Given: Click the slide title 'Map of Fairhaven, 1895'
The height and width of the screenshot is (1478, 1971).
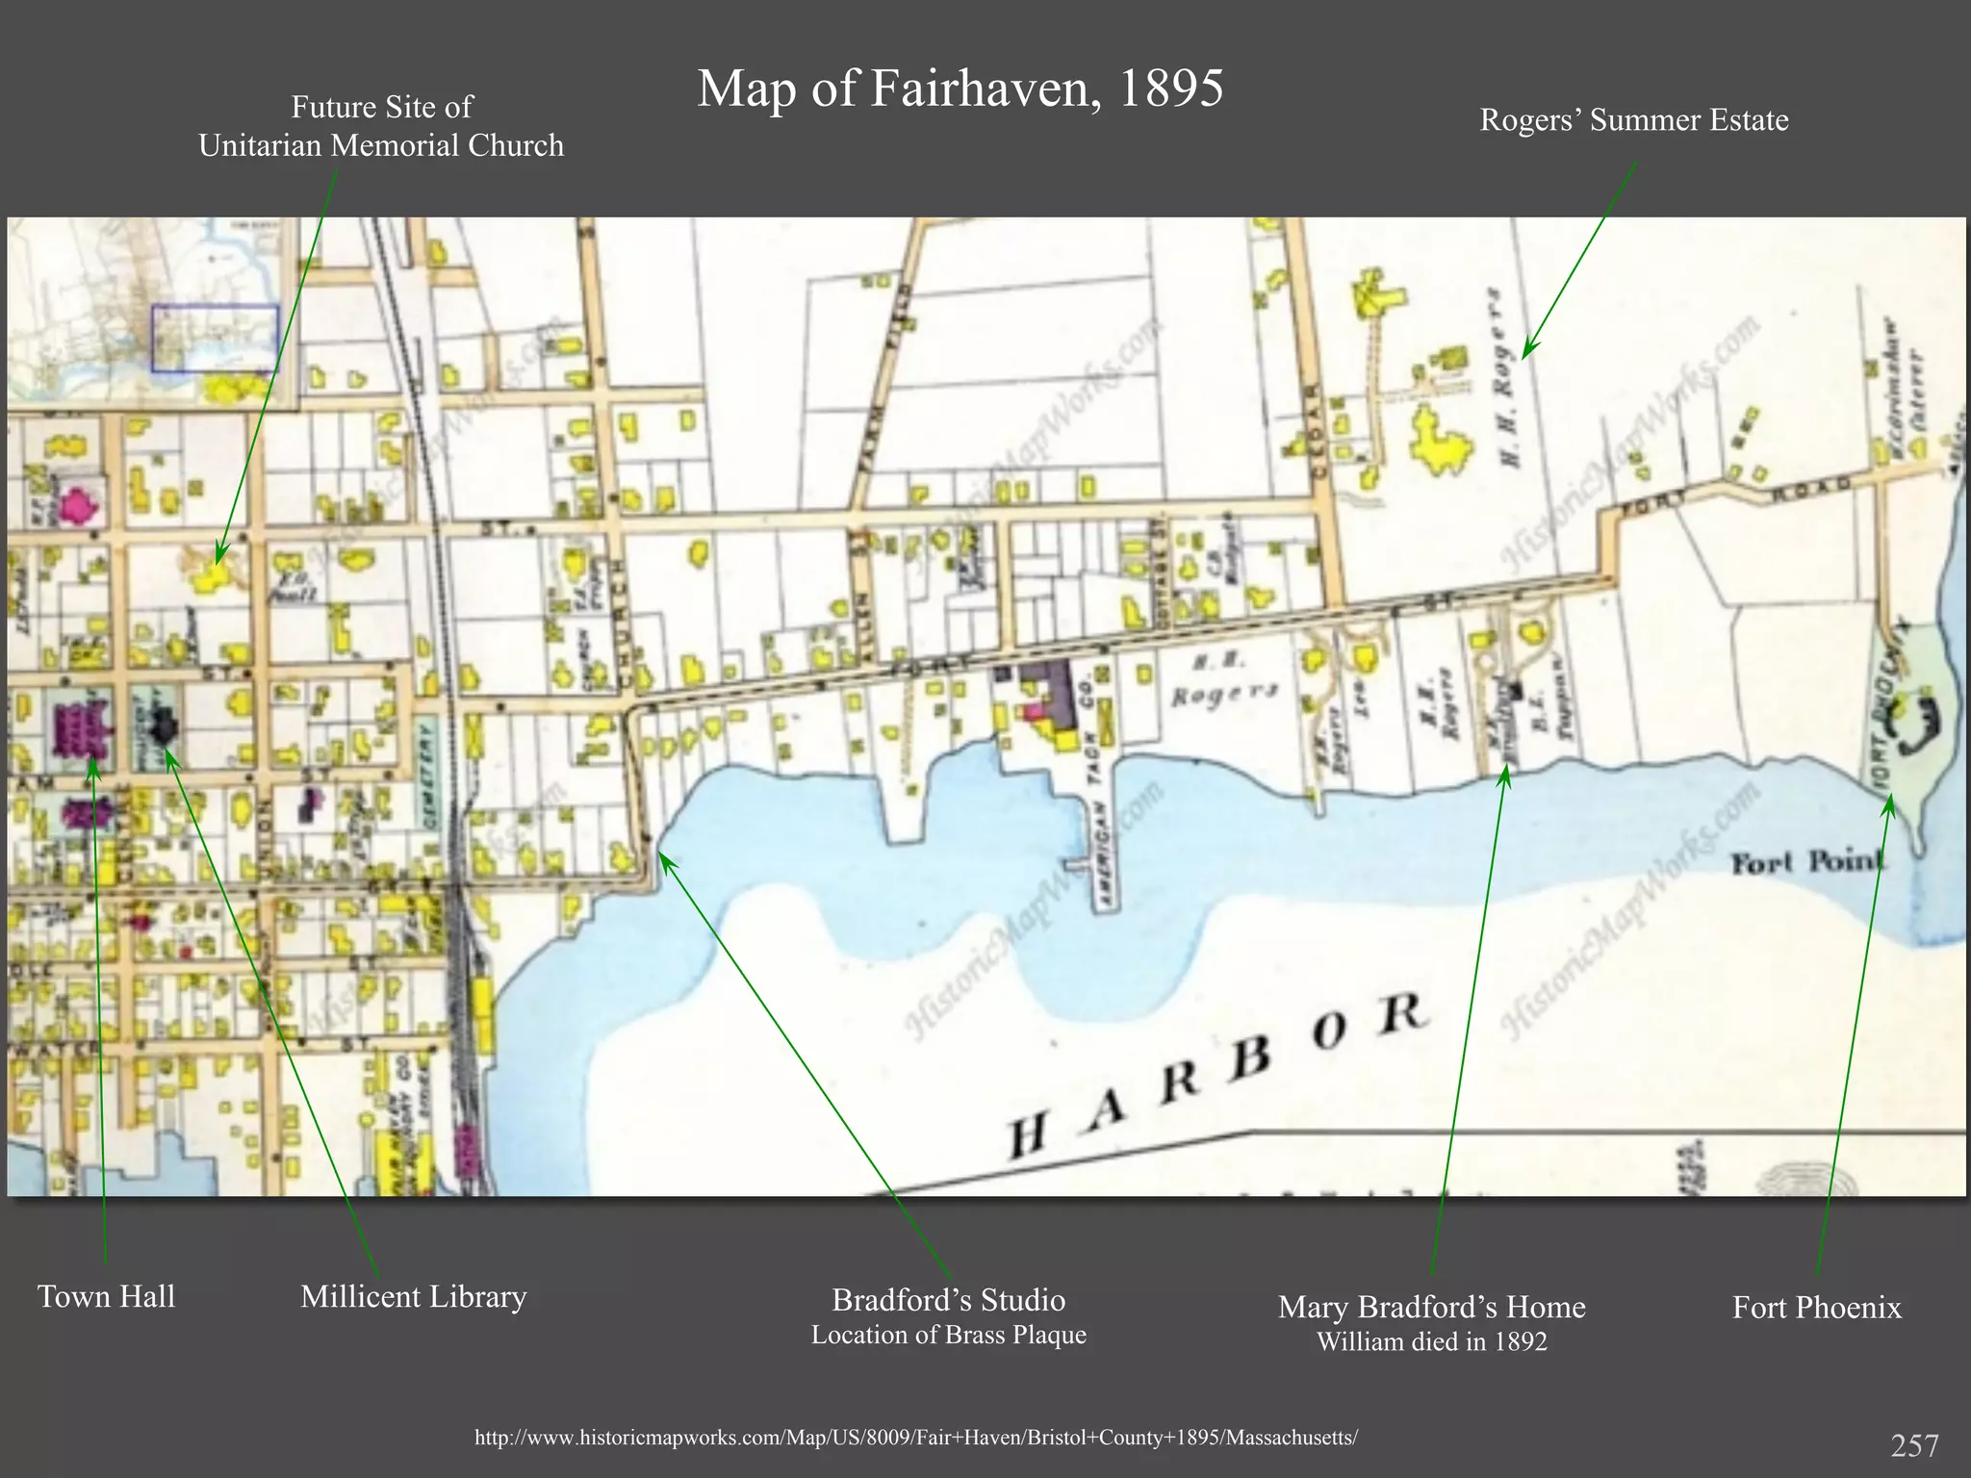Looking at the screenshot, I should point(960,89).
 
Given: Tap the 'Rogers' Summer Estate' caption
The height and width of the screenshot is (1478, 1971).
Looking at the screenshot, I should point(1633,120).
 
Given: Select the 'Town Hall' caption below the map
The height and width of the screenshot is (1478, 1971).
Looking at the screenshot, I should point(106,1296).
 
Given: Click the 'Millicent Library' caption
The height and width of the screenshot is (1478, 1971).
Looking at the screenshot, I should point(413,1296).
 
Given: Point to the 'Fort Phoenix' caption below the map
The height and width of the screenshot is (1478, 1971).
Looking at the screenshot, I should point(1816,1307).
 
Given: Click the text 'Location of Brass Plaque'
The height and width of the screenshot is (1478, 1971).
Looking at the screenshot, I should point(948,1335).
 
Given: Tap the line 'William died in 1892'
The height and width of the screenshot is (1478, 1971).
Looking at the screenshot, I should point(1431,1341).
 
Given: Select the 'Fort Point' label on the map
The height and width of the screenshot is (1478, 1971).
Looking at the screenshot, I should point(1806,861).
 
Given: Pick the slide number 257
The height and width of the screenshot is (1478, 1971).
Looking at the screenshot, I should point(1914,1444).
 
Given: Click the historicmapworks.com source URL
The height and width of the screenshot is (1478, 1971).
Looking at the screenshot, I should point(916,1438).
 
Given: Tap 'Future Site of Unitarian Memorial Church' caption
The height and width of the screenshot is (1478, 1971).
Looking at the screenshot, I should point(381,126).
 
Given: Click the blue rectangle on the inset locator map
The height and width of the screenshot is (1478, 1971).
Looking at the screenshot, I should point(215,338).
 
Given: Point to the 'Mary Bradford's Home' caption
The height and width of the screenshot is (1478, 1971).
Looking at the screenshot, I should point(1431,1307).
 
